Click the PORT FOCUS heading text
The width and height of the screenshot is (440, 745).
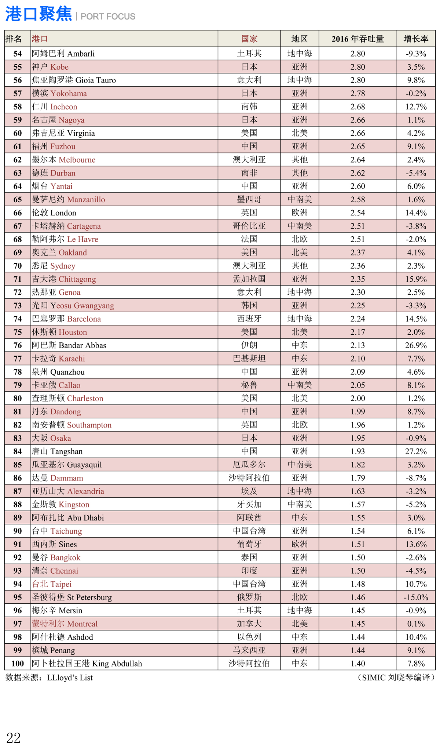click(x=108, y=17)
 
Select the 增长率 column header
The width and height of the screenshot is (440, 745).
click(x=416, y=39)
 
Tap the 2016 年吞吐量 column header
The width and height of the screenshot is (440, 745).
click(x=357, y=39)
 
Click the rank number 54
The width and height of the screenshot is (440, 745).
click(x=18, y=54)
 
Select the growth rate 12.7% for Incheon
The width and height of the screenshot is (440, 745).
click(x=416, y=107)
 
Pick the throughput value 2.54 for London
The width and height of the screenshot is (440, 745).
click(x=357, y=213)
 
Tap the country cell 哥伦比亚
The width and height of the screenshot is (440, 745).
click(x=249, y=226)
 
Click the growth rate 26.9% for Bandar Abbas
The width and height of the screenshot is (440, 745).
click(x=416, y=345)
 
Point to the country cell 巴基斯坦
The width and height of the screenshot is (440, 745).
click(x=249, y=359)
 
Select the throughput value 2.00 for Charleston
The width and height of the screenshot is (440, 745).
click(x=357, y=398)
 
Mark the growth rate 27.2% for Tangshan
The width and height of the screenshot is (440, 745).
click(x=416, y=451)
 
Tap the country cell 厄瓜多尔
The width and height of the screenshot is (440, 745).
click(x=249, y=465)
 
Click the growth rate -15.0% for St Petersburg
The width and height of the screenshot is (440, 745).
click(x=416, y=597)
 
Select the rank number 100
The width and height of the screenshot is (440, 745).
click(x=18, y=664)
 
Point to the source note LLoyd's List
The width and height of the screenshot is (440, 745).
click(x=70, y=677)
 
